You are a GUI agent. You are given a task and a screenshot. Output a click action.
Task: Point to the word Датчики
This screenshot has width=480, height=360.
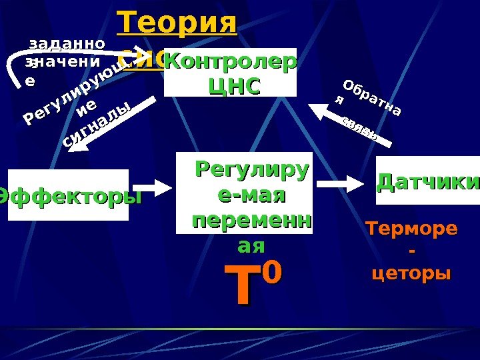coord(429,181)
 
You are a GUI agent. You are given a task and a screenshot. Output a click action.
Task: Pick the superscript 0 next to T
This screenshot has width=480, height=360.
coord(273,272)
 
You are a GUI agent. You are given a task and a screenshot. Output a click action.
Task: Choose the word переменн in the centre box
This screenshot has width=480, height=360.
coord(251,221)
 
